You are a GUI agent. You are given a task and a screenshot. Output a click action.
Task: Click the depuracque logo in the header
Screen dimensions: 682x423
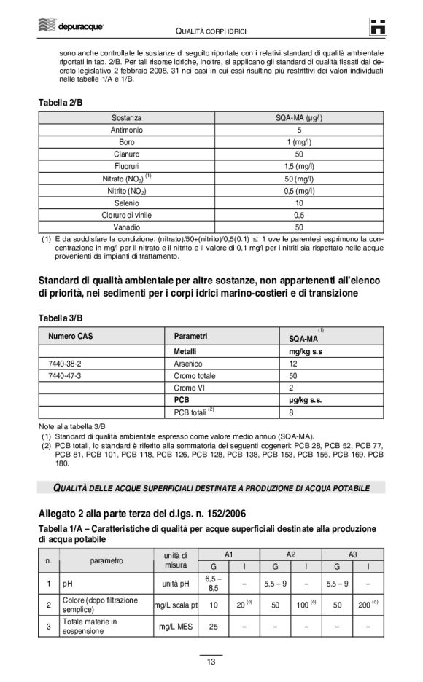[71, 27]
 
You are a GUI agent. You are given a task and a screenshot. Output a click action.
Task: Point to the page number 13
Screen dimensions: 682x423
[211, 662]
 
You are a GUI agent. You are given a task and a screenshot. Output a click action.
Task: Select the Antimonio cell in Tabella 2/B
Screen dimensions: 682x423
[127, 130]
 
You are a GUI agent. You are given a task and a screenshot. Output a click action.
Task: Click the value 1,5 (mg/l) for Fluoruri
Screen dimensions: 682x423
[299, 166]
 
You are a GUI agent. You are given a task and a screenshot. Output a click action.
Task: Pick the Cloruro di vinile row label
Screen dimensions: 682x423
[127, 215]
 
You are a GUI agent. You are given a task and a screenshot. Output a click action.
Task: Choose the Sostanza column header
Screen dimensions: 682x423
[127, 117]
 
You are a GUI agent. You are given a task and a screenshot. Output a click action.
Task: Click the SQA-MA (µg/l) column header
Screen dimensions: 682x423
[299, 117]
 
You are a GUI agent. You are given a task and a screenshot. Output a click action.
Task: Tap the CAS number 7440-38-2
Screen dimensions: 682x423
[64, 363]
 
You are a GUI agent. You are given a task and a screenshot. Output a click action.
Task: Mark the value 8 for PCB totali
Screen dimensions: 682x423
[292, 412]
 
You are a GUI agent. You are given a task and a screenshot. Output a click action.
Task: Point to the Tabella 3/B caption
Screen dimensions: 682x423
[60, 318]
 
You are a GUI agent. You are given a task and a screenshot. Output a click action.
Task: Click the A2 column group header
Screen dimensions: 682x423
[290, 554]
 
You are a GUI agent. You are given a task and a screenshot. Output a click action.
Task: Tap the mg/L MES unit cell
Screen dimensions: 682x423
[176, 626]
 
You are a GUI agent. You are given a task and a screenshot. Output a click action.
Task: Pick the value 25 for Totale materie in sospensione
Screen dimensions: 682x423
[214, 626]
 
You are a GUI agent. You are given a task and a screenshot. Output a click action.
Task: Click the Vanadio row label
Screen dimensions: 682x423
[127, 227]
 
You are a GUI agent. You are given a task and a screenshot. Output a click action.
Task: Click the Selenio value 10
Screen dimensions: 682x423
[299, 203]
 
